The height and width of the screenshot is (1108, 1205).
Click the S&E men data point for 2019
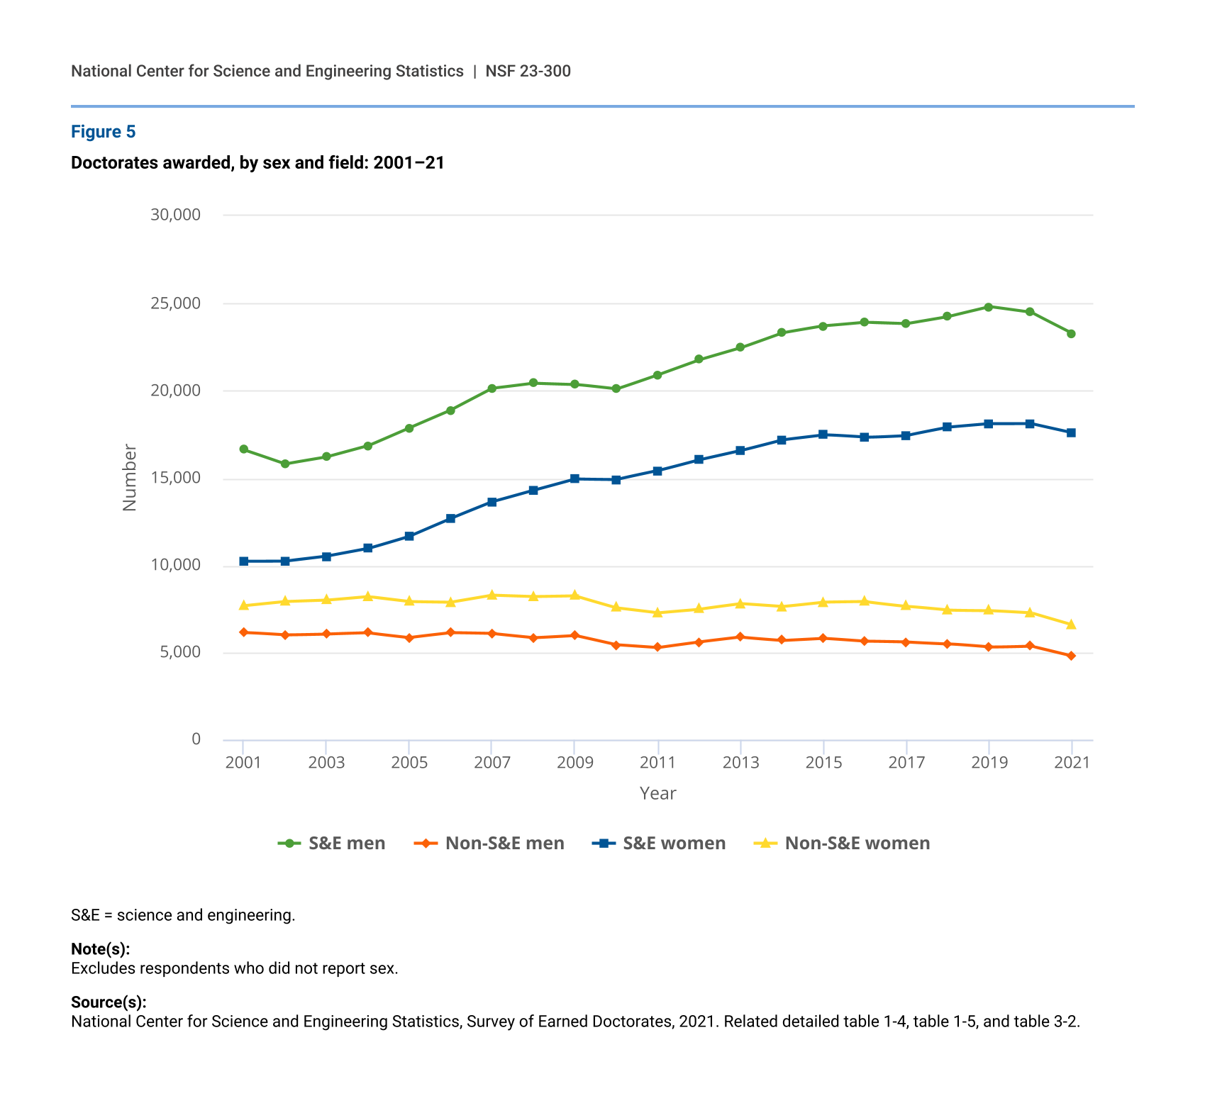point(988,307)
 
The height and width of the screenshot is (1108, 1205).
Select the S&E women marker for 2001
point(243,561)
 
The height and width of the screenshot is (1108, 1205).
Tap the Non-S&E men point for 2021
point(1071,656)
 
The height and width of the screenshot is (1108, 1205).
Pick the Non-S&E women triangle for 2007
point(492,595)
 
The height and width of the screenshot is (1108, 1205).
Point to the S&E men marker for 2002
point(285,464)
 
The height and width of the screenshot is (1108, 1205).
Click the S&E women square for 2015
point(823,435)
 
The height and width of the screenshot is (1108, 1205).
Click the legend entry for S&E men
point(332,843)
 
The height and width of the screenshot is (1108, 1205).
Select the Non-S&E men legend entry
point(490,843)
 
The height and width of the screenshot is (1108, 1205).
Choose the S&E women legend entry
point(659,843)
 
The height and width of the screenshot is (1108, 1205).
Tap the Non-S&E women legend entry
point(841,843)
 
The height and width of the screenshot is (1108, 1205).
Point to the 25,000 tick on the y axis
point(175,303)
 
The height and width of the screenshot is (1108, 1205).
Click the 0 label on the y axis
point(196,739)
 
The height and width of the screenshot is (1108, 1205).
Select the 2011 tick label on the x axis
point(657,763)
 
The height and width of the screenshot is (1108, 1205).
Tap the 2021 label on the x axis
point(1072,763)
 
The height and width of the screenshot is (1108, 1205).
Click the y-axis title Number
point(129,477)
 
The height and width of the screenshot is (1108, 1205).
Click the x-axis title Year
point(657,793)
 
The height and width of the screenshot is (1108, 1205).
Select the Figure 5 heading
point(104,132)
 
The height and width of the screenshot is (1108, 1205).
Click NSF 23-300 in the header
point(528,71)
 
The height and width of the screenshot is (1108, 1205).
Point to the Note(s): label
point(100,949)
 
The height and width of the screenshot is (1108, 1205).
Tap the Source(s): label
point(109,1002)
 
